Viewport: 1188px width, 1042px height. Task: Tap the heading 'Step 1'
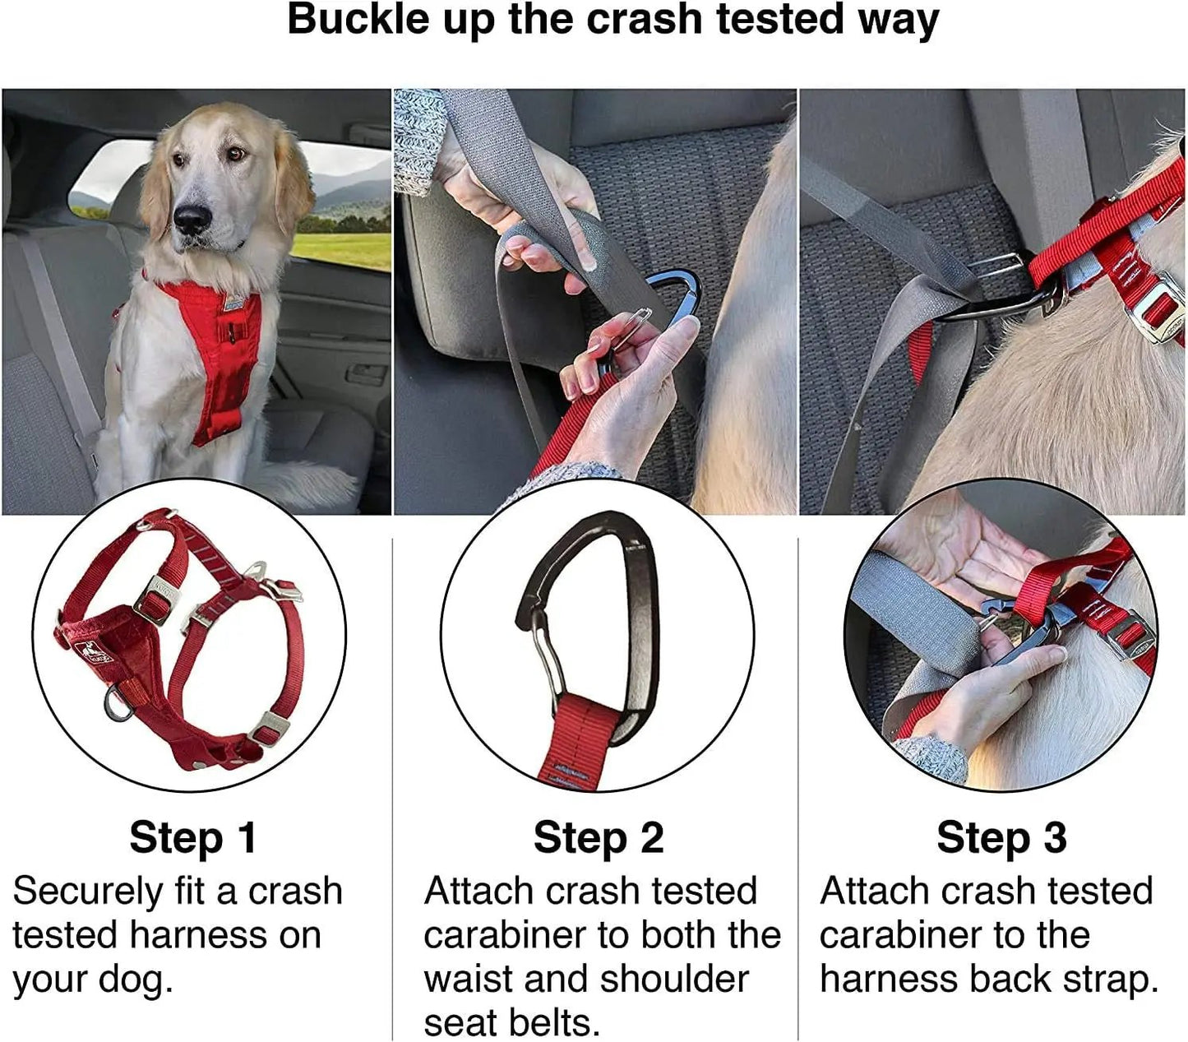pyautogui.click(x=193, y=837)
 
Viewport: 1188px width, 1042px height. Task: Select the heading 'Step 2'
pyautogui.click(x=598, y=837)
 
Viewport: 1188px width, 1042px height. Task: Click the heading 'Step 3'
pyautogui.click(x=1001, y=837)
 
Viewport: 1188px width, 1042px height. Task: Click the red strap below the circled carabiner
pyautogui.click(x=580, y=740)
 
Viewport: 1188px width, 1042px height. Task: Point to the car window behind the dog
pyautogui.click(x=345, y=206)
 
